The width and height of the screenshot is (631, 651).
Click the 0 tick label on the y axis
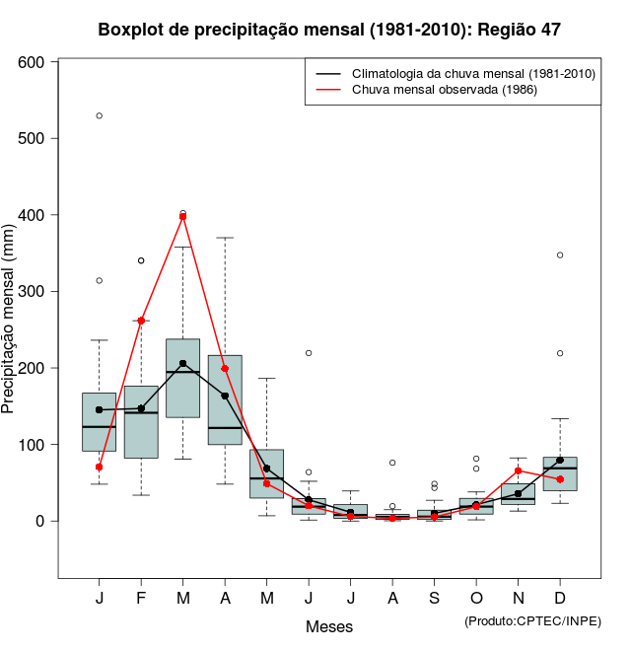41,521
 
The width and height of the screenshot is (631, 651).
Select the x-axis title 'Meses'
328,626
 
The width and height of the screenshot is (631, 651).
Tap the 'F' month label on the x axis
141,599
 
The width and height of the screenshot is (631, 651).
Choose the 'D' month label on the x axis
559,599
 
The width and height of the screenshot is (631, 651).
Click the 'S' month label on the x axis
434,599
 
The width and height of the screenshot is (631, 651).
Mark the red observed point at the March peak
182,216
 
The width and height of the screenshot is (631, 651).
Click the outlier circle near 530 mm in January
100,115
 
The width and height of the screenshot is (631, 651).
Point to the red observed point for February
141,321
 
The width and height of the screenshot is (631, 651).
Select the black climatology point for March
182,363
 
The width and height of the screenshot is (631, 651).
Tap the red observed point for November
518,470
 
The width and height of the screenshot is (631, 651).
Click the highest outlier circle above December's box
559,254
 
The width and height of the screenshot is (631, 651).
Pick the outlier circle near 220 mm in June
309,352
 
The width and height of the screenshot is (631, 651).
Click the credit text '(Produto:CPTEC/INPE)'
531,620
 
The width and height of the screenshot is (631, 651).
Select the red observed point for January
100,467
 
